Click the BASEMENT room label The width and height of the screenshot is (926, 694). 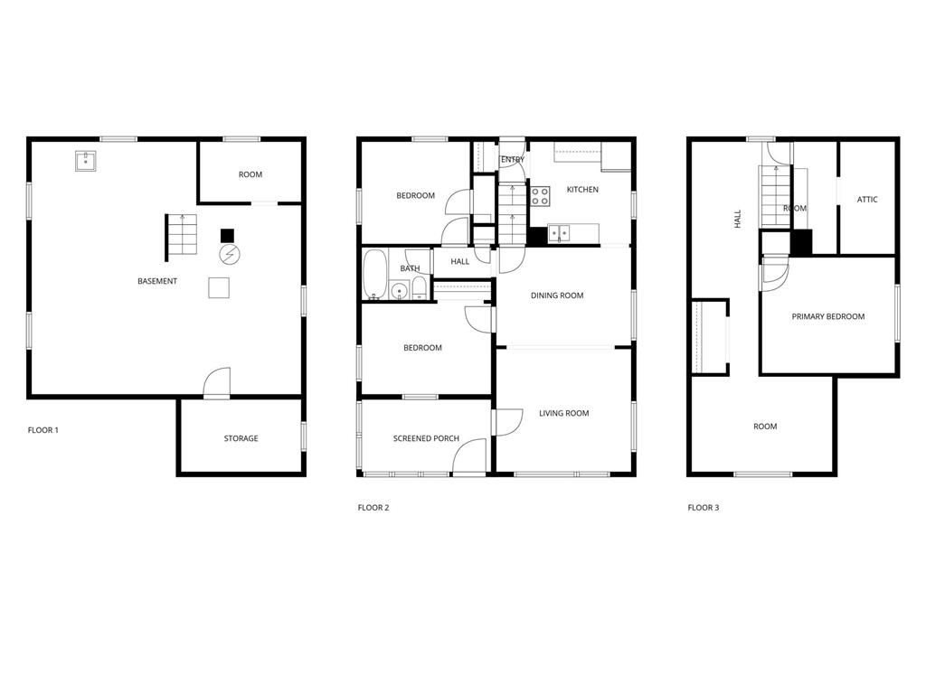coord(157,281)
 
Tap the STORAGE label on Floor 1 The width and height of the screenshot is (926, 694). coord(241,438)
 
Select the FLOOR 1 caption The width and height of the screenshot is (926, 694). coord(43,430)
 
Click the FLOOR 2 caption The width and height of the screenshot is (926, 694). coord(373,508)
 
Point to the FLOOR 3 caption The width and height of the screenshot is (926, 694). coord(703,508)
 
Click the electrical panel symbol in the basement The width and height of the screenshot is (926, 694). coord(230,255)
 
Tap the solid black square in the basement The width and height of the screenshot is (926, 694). coord(227,235)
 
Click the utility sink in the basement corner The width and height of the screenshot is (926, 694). coord(87,162)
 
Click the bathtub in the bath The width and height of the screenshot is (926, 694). coord(374,275)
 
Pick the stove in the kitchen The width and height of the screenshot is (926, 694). coord(540,195)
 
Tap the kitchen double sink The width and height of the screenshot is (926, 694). coord(559,233)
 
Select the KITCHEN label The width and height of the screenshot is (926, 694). coord(582,190)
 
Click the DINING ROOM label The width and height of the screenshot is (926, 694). coord(556,295)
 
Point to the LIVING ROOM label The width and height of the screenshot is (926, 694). coord(563,413)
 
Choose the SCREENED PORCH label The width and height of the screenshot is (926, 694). coord(426,438)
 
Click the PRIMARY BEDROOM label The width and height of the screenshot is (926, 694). coord(827,316)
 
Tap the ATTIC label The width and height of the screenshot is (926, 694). coord(866,200)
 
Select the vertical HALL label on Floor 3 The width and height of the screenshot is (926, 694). coord(738,218)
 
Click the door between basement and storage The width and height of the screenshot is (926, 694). coord(217,383)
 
